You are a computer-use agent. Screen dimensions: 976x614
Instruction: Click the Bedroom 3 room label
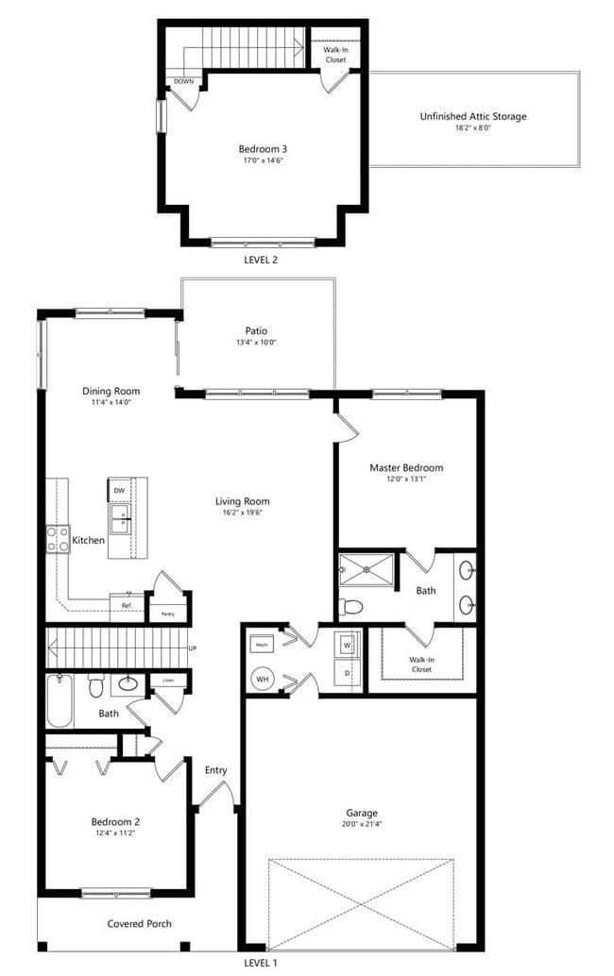coord(263,148)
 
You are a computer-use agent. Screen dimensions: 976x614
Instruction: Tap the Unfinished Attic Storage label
coord(473,117)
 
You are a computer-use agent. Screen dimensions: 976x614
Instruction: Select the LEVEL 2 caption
coord(261,259)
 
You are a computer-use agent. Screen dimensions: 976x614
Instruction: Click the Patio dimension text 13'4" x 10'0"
coord(257,343)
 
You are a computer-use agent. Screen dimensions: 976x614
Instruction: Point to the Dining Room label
coord(111,391)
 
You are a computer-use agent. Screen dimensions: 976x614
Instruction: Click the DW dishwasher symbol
coord(119,491)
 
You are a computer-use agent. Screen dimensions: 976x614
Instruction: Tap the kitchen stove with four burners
coord(58,538)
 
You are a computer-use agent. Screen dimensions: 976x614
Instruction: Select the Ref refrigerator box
coord(127,605)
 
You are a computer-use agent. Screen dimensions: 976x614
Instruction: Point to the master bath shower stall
coord(367,569)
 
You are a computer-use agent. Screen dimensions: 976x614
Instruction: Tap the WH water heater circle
coord(262,678)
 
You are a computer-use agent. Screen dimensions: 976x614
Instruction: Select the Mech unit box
coord(262,646)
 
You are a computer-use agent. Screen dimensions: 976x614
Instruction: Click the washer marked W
coord(347,646)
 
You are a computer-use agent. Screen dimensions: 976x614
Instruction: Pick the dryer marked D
coord(347,673)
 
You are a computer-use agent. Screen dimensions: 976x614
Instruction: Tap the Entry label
coord(216,770)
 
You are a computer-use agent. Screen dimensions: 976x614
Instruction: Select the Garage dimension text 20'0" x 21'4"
coord(362,825)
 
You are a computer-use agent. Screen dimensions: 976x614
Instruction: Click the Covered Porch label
coord(139,923)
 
